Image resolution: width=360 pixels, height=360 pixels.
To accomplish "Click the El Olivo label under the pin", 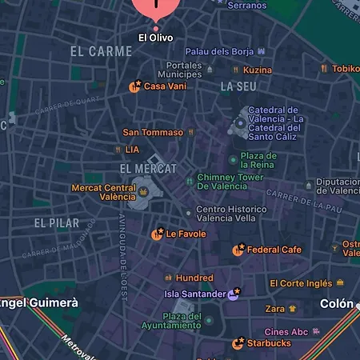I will click(x=155, y=38).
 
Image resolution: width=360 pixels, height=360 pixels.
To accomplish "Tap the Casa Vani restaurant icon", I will click(x=135, y=86).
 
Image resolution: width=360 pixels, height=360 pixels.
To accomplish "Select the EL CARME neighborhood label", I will click(x=101, y=52).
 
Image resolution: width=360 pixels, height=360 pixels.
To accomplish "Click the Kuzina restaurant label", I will click(x=258, y=70).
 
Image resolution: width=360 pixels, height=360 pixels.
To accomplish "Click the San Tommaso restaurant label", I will click(x=152, y=132).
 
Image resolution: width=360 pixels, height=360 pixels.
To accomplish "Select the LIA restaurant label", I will click(x=132, y=150).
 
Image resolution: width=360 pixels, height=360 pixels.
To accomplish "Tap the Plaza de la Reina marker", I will click(x=233, y=160).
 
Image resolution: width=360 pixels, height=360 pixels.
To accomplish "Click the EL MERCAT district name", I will click(x=147, y=169).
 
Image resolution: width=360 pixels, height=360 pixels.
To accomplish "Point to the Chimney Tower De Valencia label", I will click(x=230, y=182).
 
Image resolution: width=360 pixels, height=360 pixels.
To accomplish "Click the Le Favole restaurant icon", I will click(x=158, y=234).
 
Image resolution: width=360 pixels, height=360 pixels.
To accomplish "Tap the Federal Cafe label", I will click(x=274, y=250).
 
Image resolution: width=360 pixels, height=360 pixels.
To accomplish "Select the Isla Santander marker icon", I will click(x=234, y=294).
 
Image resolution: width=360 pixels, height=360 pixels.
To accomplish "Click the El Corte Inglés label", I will click(x=300, y=283).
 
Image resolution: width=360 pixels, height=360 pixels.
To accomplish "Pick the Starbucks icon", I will click(x=238, y=343).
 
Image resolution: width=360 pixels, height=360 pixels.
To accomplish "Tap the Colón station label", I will click(x=336, y=304).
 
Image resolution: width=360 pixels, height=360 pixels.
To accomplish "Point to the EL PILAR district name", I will click(x=56, y=222).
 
